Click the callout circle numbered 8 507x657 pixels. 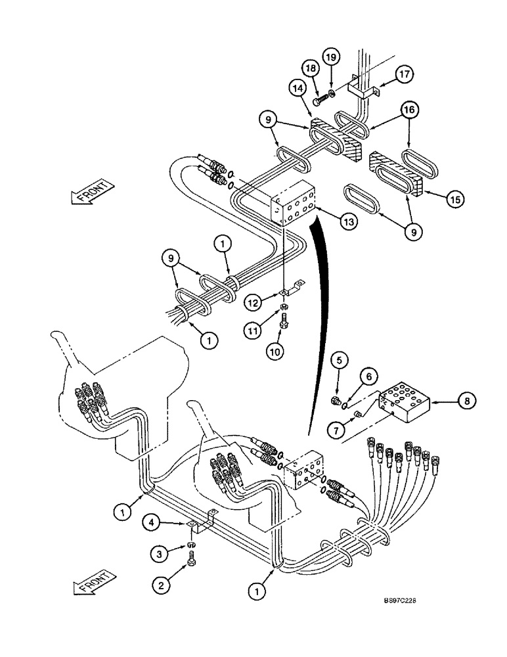tap(464, 399)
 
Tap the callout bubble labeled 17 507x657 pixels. tap(404, 75)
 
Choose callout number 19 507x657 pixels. tap(332, 58)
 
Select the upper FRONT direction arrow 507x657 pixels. tap(88, 195)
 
